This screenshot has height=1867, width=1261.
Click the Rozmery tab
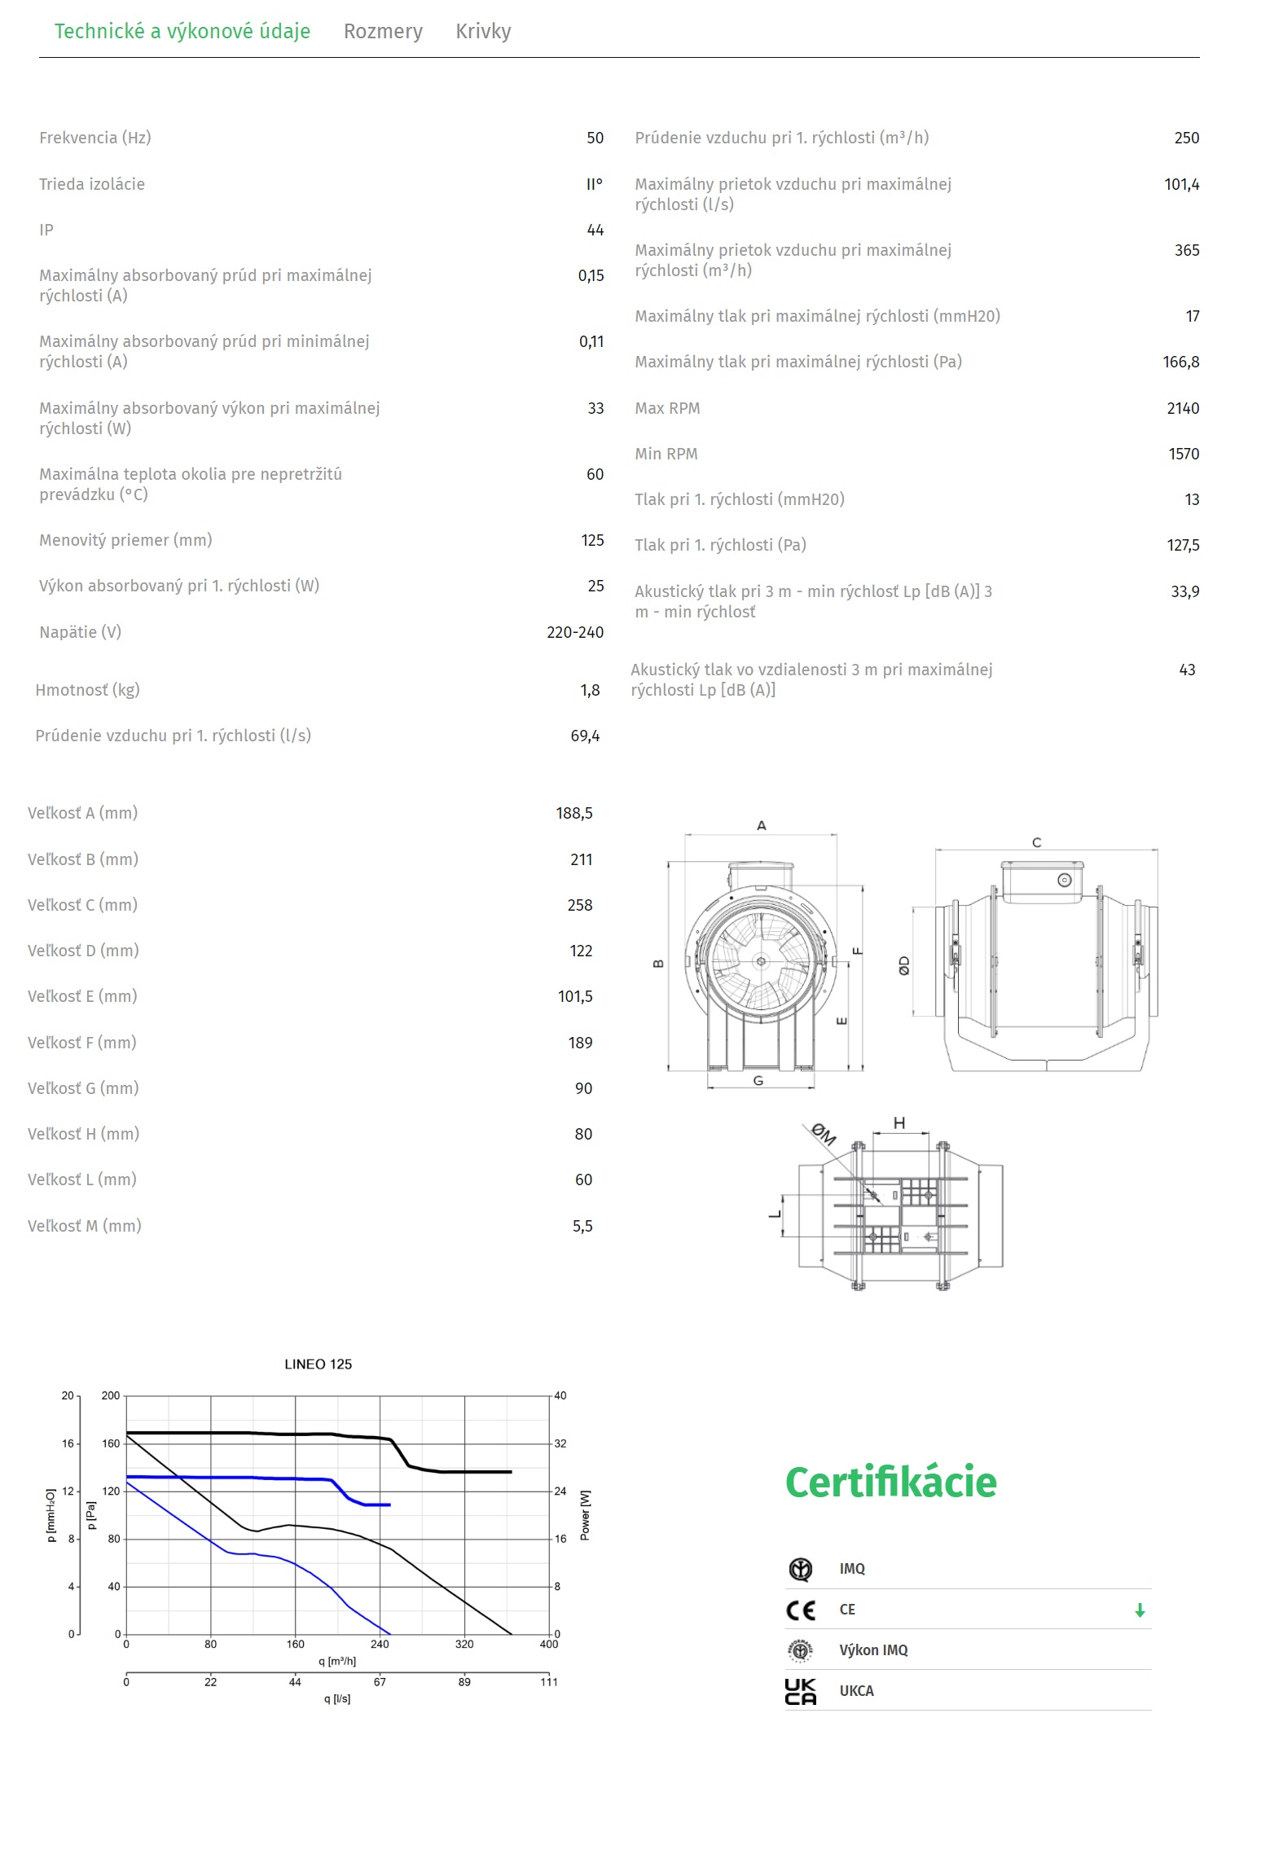coord(383,32)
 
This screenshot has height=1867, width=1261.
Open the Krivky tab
coord(483,32)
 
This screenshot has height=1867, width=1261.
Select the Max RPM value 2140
coord(1182,408)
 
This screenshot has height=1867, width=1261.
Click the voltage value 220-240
coord(575,632)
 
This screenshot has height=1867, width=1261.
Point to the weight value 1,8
coord(590,690)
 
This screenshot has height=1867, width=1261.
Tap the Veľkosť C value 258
coord(580,905)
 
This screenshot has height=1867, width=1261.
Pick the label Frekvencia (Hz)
coord(95,138)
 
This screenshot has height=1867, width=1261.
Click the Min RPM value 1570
coord(1184,454)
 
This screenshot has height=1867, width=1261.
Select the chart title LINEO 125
coord(318,1364)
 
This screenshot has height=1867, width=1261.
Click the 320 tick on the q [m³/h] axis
coord(464,1644)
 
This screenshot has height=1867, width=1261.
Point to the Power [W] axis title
coord(585,1515)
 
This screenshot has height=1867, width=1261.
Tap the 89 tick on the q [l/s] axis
coord(464,1681)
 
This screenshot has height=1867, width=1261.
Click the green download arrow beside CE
coord(1140,1610)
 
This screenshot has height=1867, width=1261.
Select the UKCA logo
coord(801,1691)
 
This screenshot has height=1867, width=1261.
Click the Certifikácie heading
coord(890,1482)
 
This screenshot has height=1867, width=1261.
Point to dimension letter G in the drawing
coord(758,1081)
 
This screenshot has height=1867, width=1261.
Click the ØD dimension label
coord(904,966)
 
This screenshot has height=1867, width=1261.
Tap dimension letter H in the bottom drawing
coord(899,1123)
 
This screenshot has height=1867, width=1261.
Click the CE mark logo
coord(801,1610)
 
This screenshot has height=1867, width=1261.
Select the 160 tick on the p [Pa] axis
coord(111,1443)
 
